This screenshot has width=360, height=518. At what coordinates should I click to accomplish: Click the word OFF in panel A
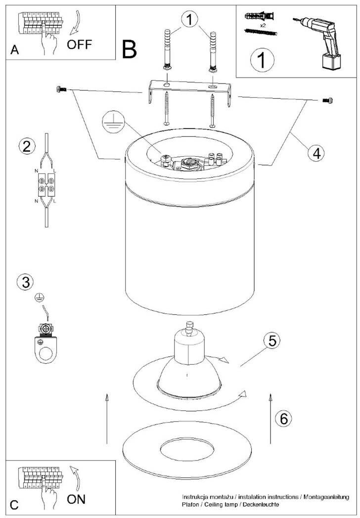79,44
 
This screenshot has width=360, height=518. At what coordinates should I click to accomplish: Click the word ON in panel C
76,499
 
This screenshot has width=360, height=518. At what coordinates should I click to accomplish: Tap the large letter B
130,49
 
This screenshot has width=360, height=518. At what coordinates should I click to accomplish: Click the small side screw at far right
327,100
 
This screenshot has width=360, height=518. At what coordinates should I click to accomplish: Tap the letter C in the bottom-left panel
14,505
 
